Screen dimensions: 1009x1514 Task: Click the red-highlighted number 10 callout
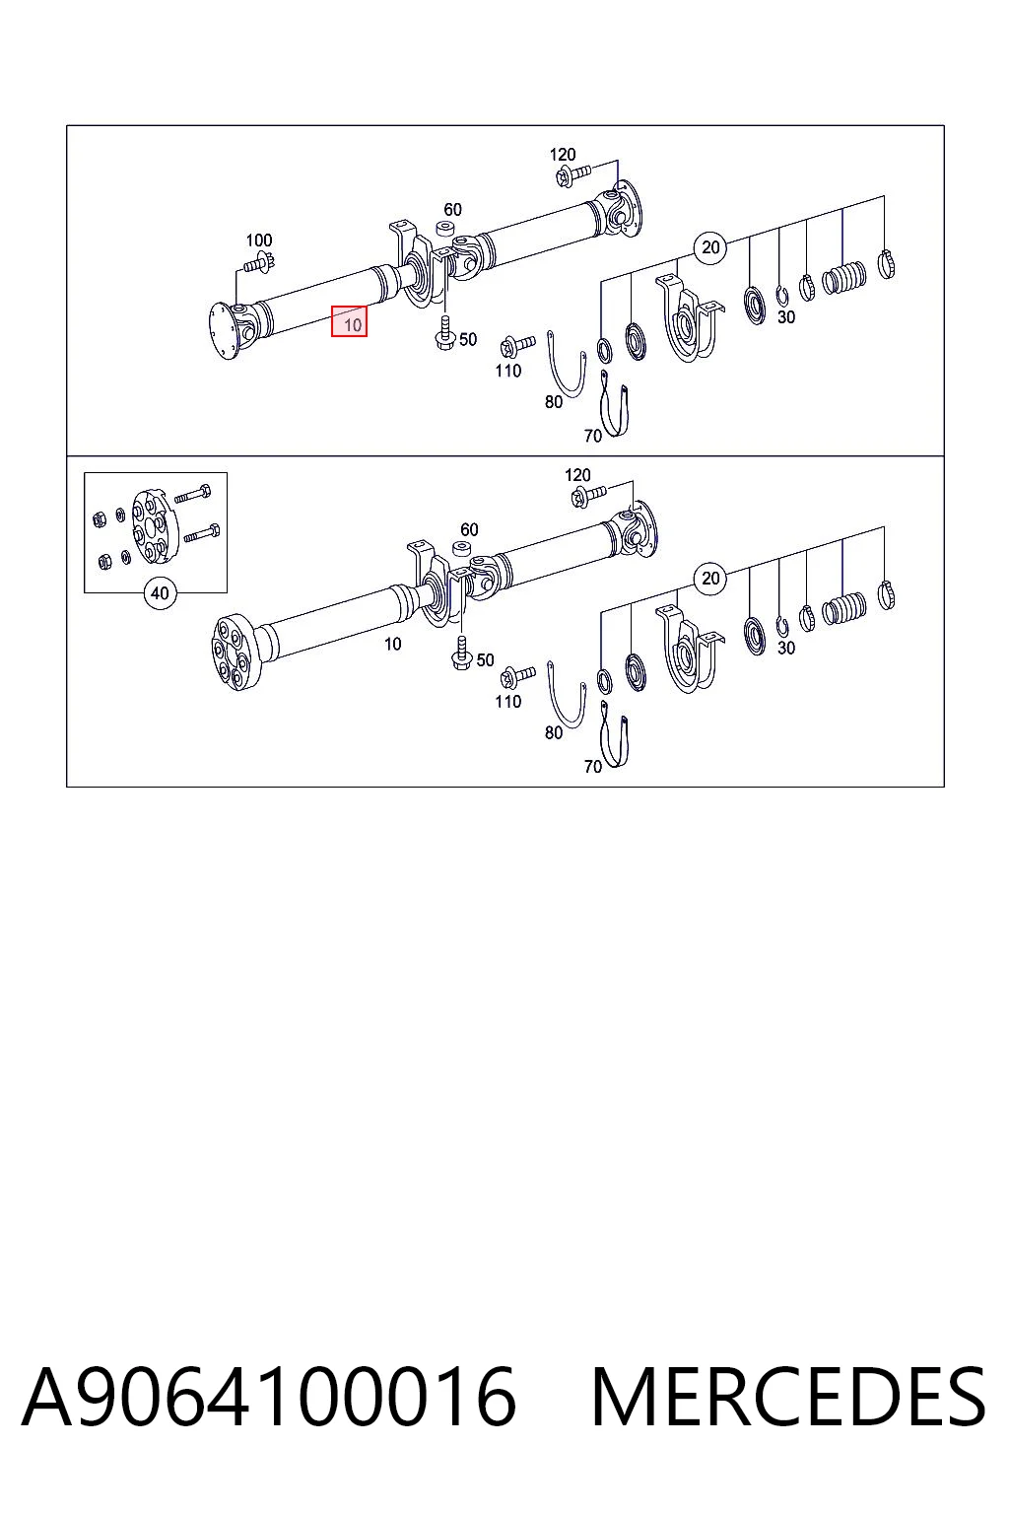pos(349,321)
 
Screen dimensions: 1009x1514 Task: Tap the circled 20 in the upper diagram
pos(710,247)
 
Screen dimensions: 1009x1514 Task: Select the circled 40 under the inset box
pos(160,593)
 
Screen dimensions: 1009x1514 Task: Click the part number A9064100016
pos(269,1397)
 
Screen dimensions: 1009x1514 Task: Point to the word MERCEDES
pos(788,1397)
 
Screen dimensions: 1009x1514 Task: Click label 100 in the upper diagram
pos(259,240)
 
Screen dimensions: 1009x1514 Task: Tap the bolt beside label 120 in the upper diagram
pos(572,175)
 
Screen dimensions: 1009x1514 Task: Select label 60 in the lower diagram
pos(469,529)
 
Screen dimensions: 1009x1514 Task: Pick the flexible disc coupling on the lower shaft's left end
pos(234,653)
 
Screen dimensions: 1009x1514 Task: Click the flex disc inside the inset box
pos(150,525)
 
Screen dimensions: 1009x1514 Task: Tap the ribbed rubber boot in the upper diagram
pos(844,277)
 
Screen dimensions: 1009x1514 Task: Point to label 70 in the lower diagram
pos(593,767)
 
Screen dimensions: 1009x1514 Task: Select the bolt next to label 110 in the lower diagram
pos(517,675)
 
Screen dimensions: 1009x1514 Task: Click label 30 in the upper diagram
pos(786,316)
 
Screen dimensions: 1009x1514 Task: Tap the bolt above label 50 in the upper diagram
pos(443,332)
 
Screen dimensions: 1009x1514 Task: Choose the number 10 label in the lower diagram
pos(392,644)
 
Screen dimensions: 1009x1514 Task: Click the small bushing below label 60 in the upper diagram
pos(445,227)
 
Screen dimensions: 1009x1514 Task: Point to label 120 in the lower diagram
pos(577,475)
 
